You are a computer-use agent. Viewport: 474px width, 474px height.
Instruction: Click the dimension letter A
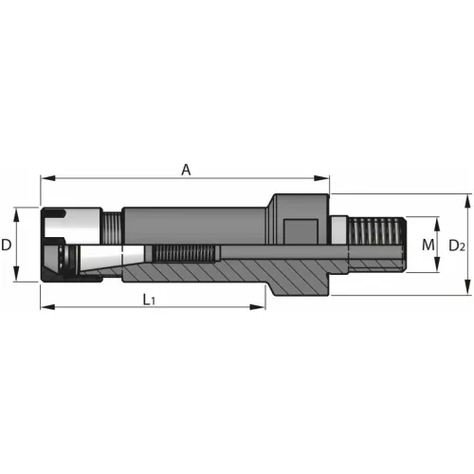(x=187, y=170)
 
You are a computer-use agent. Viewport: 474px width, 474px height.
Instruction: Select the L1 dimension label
(x=149, y=300)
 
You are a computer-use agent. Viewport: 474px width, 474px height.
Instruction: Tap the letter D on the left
(x=7, y=245)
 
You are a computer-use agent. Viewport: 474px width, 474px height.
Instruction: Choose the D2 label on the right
(x=456, y=246)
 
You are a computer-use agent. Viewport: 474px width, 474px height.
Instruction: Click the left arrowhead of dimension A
(x=45, y=178)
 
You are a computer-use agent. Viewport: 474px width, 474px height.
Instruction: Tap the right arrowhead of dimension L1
(x=262, y=307)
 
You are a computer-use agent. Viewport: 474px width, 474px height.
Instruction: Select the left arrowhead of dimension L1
(x=45, y=307)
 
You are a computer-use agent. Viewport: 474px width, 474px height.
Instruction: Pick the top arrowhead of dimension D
(x=18, y=210)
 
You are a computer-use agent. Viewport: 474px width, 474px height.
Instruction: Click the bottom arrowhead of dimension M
(x=438, y=269)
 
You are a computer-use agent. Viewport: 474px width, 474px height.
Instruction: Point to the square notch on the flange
(x=301, y=230)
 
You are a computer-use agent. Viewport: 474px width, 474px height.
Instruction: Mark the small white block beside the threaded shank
(x=337, y=228)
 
